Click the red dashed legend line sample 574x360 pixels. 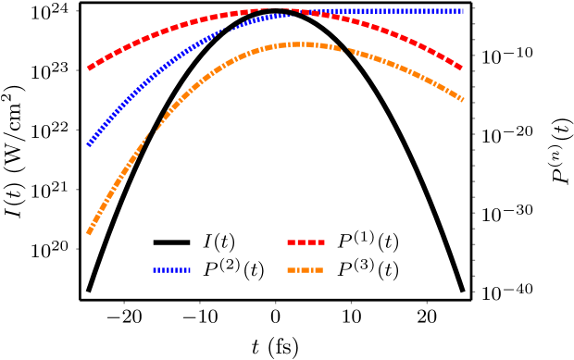pos(306,242)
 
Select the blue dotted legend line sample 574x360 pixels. pos(171,270)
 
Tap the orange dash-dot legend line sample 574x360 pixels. pos(306,270)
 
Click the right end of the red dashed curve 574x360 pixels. pos(460,68)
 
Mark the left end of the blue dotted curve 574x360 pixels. pos(89,144)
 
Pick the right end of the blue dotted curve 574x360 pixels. pos(462,11)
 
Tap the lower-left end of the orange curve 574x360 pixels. pos(89,232)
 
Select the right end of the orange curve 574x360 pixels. pos(461,99)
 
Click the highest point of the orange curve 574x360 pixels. pos(296,44)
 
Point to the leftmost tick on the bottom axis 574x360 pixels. pos(124,303)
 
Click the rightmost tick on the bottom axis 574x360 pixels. pos(427,303)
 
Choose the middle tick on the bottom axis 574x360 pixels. pos(275,303)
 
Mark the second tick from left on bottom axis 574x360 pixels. pos(199,303)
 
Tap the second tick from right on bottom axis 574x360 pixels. pos(351,303)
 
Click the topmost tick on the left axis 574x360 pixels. pos(77,11)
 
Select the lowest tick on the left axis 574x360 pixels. pos(77,248)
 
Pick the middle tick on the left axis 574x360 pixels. pos(77,130)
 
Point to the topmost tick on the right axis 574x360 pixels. pos(474,8)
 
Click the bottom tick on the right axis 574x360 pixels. pos(474,292)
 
